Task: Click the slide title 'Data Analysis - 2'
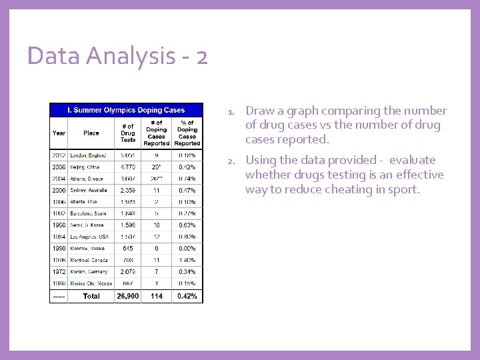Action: click(117, 56)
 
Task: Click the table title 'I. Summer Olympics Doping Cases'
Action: click(127, 110)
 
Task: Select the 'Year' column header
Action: click(59, 133)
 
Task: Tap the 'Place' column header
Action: click(91, 133)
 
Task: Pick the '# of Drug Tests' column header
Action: click(128, 133)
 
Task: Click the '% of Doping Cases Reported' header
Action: click(187, 133)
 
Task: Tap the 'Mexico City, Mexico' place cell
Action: click(91, 283)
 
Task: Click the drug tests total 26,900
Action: click(128, 296)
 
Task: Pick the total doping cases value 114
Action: click(157, 296)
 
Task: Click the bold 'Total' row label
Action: click(91, 296)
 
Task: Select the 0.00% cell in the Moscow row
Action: click(187, 248)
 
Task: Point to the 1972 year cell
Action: click(59, 272)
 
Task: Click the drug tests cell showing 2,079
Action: click(128, 272)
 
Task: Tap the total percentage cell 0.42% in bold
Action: click(187, 296)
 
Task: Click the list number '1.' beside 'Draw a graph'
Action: click(230, 111)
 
